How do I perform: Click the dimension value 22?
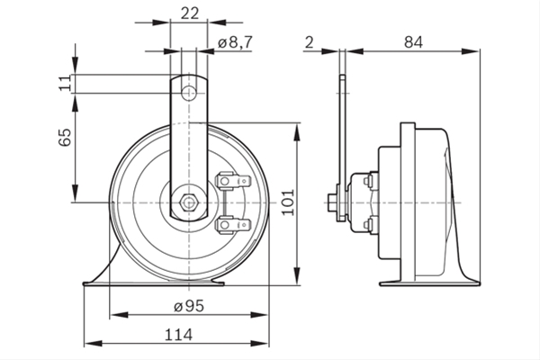tap(190, 13)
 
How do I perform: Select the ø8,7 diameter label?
tap(235, 42)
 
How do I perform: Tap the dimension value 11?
tap(65, 84)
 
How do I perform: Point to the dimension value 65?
tap(65, 137)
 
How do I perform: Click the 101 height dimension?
tap(288, 202)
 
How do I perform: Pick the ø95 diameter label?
tap(189, 306)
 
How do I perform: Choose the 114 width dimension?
tap(178, 335)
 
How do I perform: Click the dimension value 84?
tap(413, 42)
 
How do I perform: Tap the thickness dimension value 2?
tap(310, 42)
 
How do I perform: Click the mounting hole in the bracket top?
tap(189, 93)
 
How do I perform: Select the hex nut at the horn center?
tap(188, 202)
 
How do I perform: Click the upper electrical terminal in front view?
tap(233, 181)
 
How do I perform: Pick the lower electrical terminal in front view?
tap(233, 225)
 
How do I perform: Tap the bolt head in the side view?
tap(331, 202)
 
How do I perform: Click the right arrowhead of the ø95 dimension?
tap(259, 315)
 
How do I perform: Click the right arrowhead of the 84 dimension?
tap(471, 51)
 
